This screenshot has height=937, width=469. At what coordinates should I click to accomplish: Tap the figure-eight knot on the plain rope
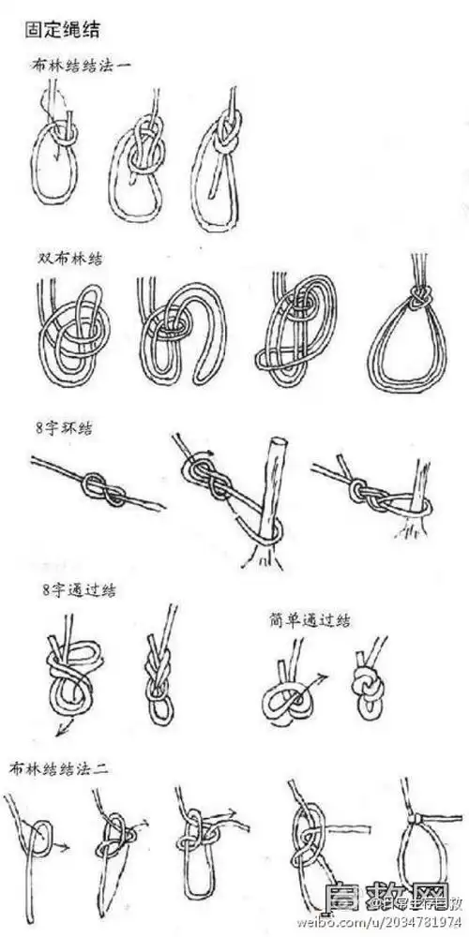tap(93, 485)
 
